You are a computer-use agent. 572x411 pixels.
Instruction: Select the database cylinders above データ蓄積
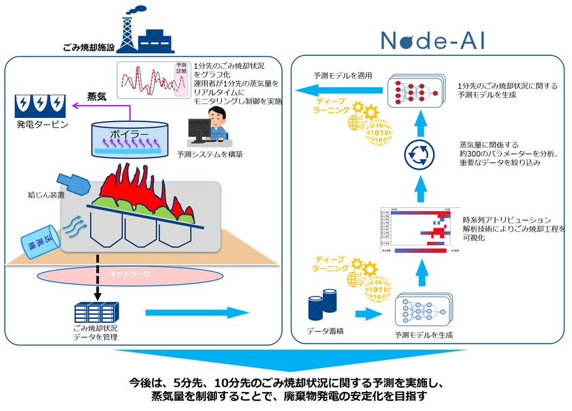click(323, 307)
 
